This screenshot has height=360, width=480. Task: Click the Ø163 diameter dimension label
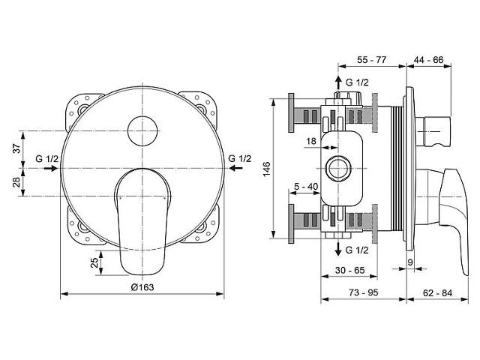pyautogui.click(x=142, y=287)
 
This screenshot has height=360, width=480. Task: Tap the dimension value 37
pyautogui.click(x=17, y=148)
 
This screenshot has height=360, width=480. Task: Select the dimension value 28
pyautogui.click(x=17, y=181)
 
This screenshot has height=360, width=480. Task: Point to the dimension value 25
pyautogui.click(x=95, y=262)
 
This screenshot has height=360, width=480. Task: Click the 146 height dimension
pyautogui.click(x=266, y=169)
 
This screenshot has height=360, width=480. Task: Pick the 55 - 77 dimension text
pyautogui.click(x=372, y=60)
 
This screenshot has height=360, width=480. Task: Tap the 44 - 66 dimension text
pyautogui.click(x=428, y=60)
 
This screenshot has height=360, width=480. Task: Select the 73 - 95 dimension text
pyautogui.click(x=363, y=292)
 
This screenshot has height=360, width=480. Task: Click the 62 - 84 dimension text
pyautogui.click(x=437, y=293)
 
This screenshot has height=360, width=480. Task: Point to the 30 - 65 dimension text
pyautogui.click(x=350, y=270)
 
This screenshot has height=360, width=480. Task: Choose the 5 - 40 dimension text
pyautogui.click(x=306, y=187)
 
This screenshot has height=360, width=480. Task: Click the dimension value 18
pyautogui.click(x=311, y=141)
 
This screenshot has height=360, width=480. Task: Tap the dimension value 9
pyautogui.click(x=410, y=262)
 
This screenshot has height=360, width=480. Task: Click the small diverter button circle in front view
pyautogui.click(x=142, y=131)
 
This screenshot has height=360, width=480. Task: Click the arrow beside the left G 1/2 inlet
pyautogui.click(x=50, y=168)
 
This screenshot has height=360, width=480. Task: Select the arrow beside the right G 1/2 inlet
pyautogui.click(x=236, y=168)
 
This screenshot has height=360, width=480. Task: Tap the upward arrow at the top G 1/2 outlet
pyautogui.click(x=338, y=82)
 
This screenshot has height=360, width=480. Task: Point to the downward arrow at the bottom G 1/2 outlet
pyautogui.click(x=338, y=248)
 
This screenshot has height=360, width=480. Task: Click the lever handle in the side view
pyautogui.click(x=454, y=214)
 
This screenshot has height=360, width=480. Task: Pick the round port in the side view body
pyautogui.click(x=338, y=168)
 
